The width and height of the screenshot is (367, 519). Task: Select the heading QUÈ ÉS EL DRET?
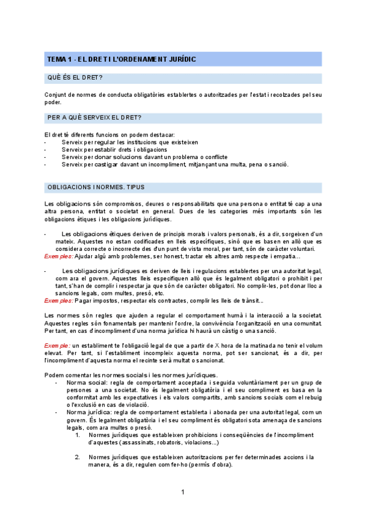coord(75,78)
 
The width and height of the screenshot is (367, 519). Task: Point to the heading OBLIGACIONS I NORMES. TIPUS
coord(95,187)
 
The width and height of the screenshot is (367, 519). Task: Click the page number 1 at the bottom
coord(183,493)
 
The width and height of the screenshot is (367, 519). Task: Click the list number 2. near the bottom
coord(78,457)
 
